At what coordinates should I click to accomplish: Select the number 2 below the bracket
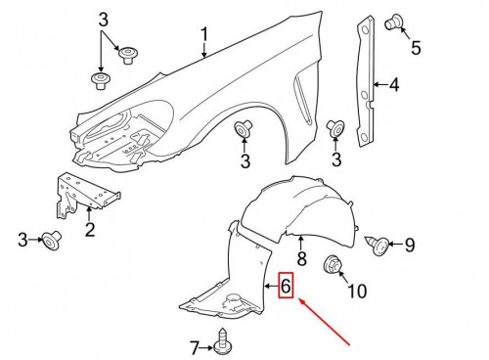[90, 229]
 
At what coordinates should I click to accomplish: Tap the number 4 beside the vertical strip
[394, 85]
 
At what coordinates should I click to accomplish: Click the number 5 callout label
[416, 48]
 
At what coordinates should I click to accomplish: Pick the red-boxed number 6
[286, 287]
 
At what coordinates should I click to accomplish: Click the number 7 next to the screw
[195, 347]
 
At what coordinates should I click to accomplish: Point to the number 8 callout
[302, 258]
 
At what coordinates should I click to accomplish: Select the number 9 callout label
[410, 245]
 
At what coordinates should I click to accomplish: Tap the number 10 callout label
[357, 291]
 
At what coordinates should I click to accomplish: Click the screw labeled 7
[223, 340]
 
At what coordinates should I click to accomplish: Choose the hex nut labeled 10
[332, 264]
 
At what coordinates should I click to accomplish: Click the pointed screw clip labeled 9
[378, 245]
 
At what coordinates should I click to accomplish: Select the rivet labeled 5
[394, 22]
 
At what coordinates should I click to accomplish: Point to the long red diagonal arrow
[325, 322]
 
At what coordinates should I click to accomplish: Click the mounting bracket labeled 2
[86, 196]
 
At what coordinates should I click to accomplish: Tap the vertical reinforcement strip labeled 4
[365, 81]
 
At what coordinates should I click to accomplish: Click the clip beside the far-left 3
[51, 240]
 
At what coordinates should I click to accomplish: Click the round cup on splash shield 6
[233, 299]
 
